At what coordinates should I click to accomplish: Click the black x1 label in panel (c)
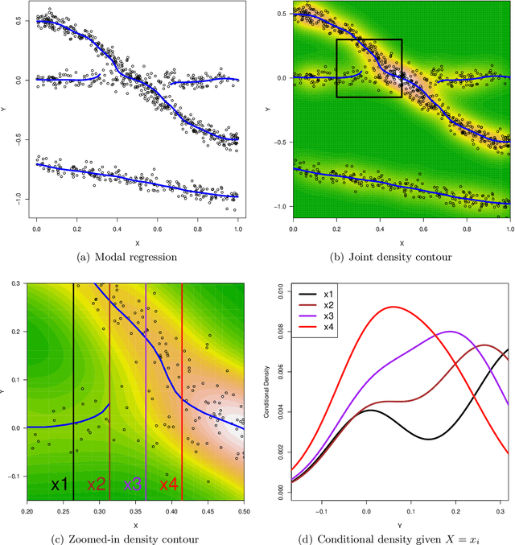[60, 485]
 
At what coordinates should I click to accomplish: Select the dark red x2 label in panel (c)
[96, 485]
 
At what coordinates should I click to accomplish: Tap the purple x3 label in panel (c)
[133, 485]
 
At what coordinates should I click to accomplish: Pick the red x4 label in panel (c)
[169, 485]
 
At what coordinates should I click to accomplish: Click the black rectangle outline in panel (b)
[369, 39]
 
